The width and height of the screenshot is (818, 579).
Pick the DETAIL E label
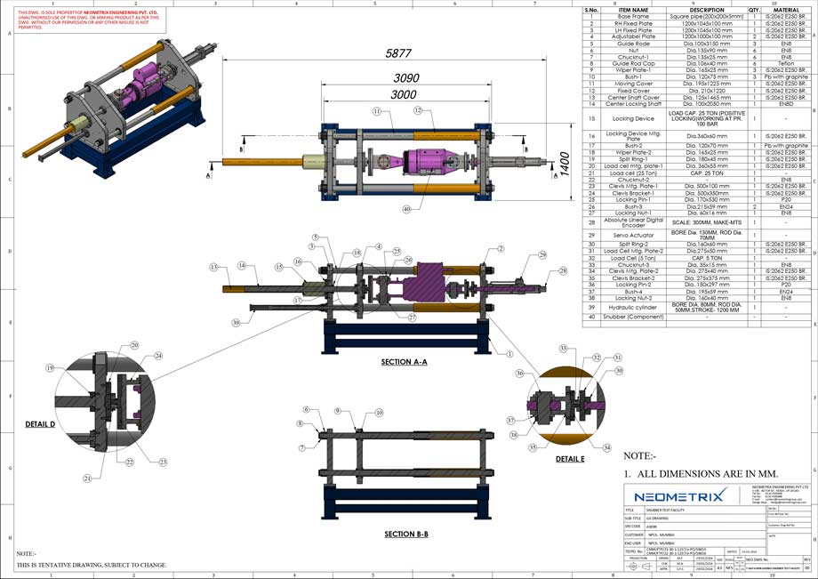coord(570,459)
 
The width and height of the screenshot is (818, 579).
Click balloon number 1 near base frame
coord(510,353)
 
